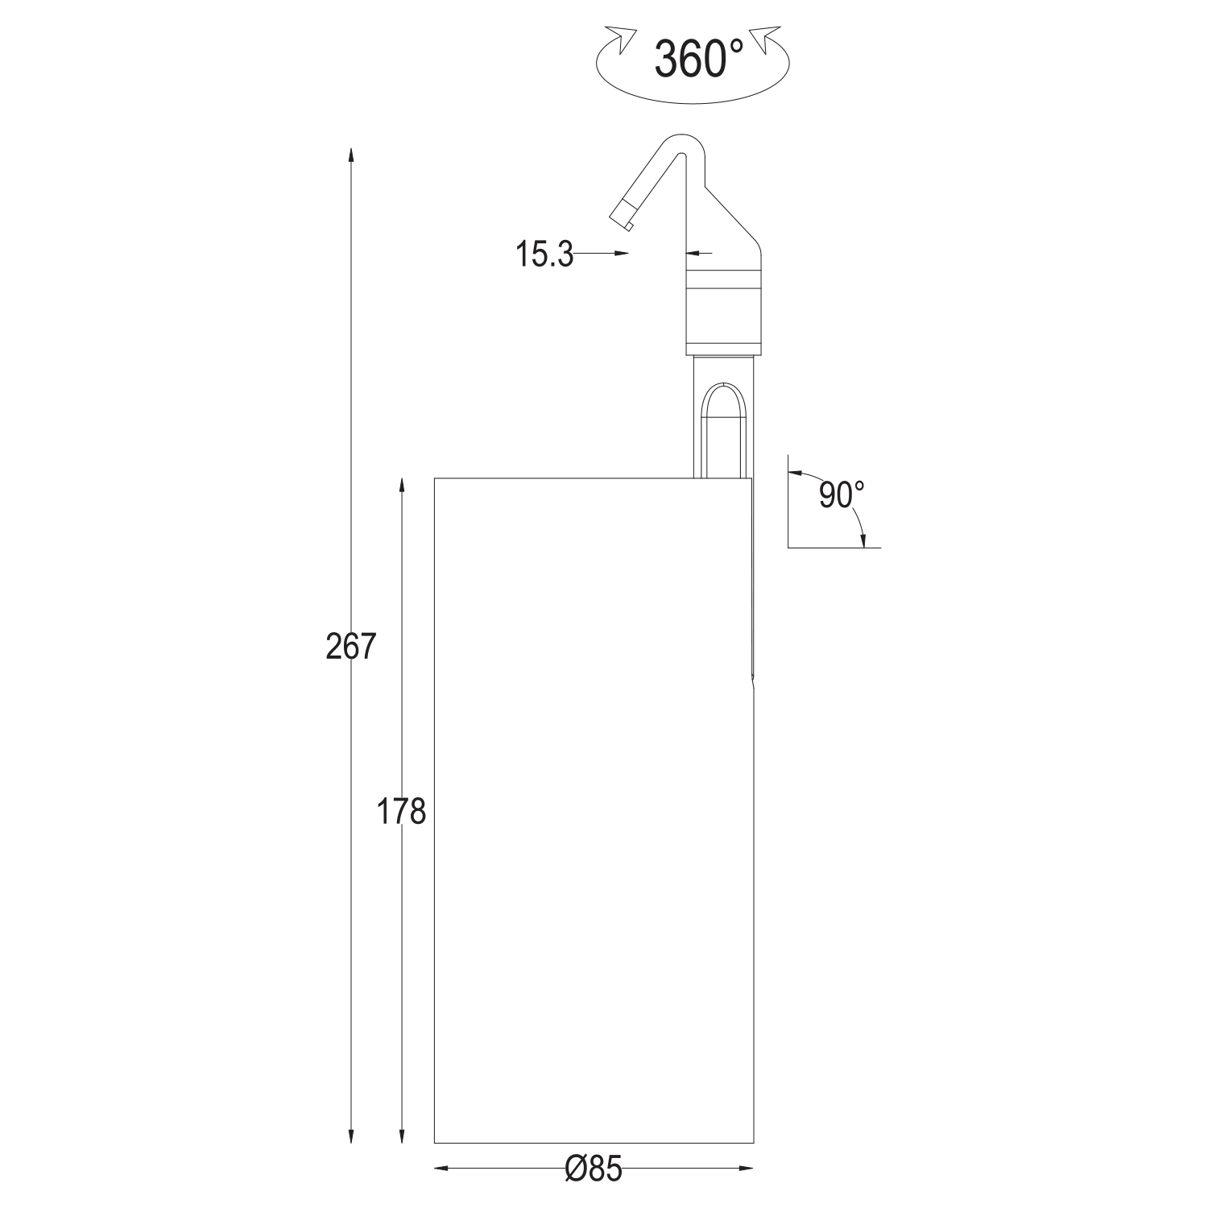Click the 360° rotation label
(698, 58)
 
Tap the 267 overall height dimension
(351, 647)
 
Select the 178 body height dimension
(401, 812)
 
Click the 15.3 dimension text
(544, 254)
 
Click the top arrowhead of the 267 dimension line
(350, 156)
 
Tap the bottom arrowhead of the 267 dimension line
(350, 1134)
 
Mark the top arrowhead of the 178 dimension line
(401, 487)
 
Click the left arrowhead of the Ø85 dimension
(443, 1168)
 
